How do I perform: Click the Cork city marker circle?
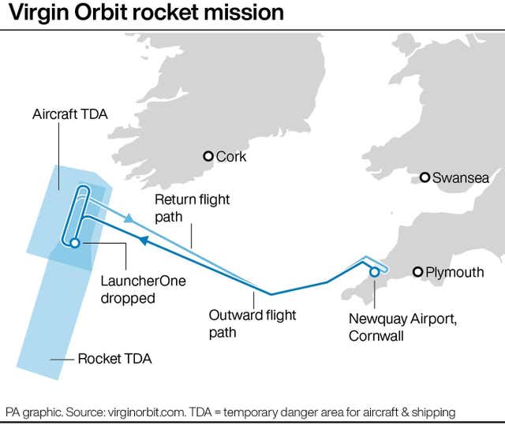pyautogui.click(x=208, y=156)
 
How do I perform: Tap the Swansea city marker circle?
pyautogui.click(x=425, y=177)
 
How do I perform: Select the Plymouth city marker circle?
pyautogui.click(x=417, y=272)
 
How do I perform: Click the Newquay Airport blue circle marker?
pyautogui.click(x=374, y=272)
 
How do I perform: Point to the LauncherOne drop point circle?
pyautogui.click(x=75, y=243)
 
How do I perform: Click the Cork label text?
pyautogui.click(x=231, y=157)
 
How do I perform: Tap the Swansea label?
pyautogui.click(x=461, y=178)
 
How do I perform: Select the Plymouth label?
pyautogui.click(x=454, y=273)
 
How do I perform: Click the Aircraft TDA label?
pyautogui.click(x=70, y=114)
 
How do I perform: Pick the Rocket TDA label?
pyautogui.click(x=114, y=359)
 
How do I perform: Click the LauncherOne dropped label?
pyautogui.click(x=144, y=289)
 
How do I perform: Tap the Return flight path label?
pyautogui.click(x=193, y=208)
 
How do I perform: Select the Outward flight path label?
pyautogui.click(x=252, y=323)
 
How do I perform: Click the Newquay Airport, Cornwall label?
pyautogui.click(x=402, y=327)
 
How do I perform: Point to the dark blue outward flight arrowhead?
pyautogui.click(x=144, y=240)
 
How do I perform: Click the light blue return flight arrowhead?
pyautogui.click(x=129, y=218)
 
